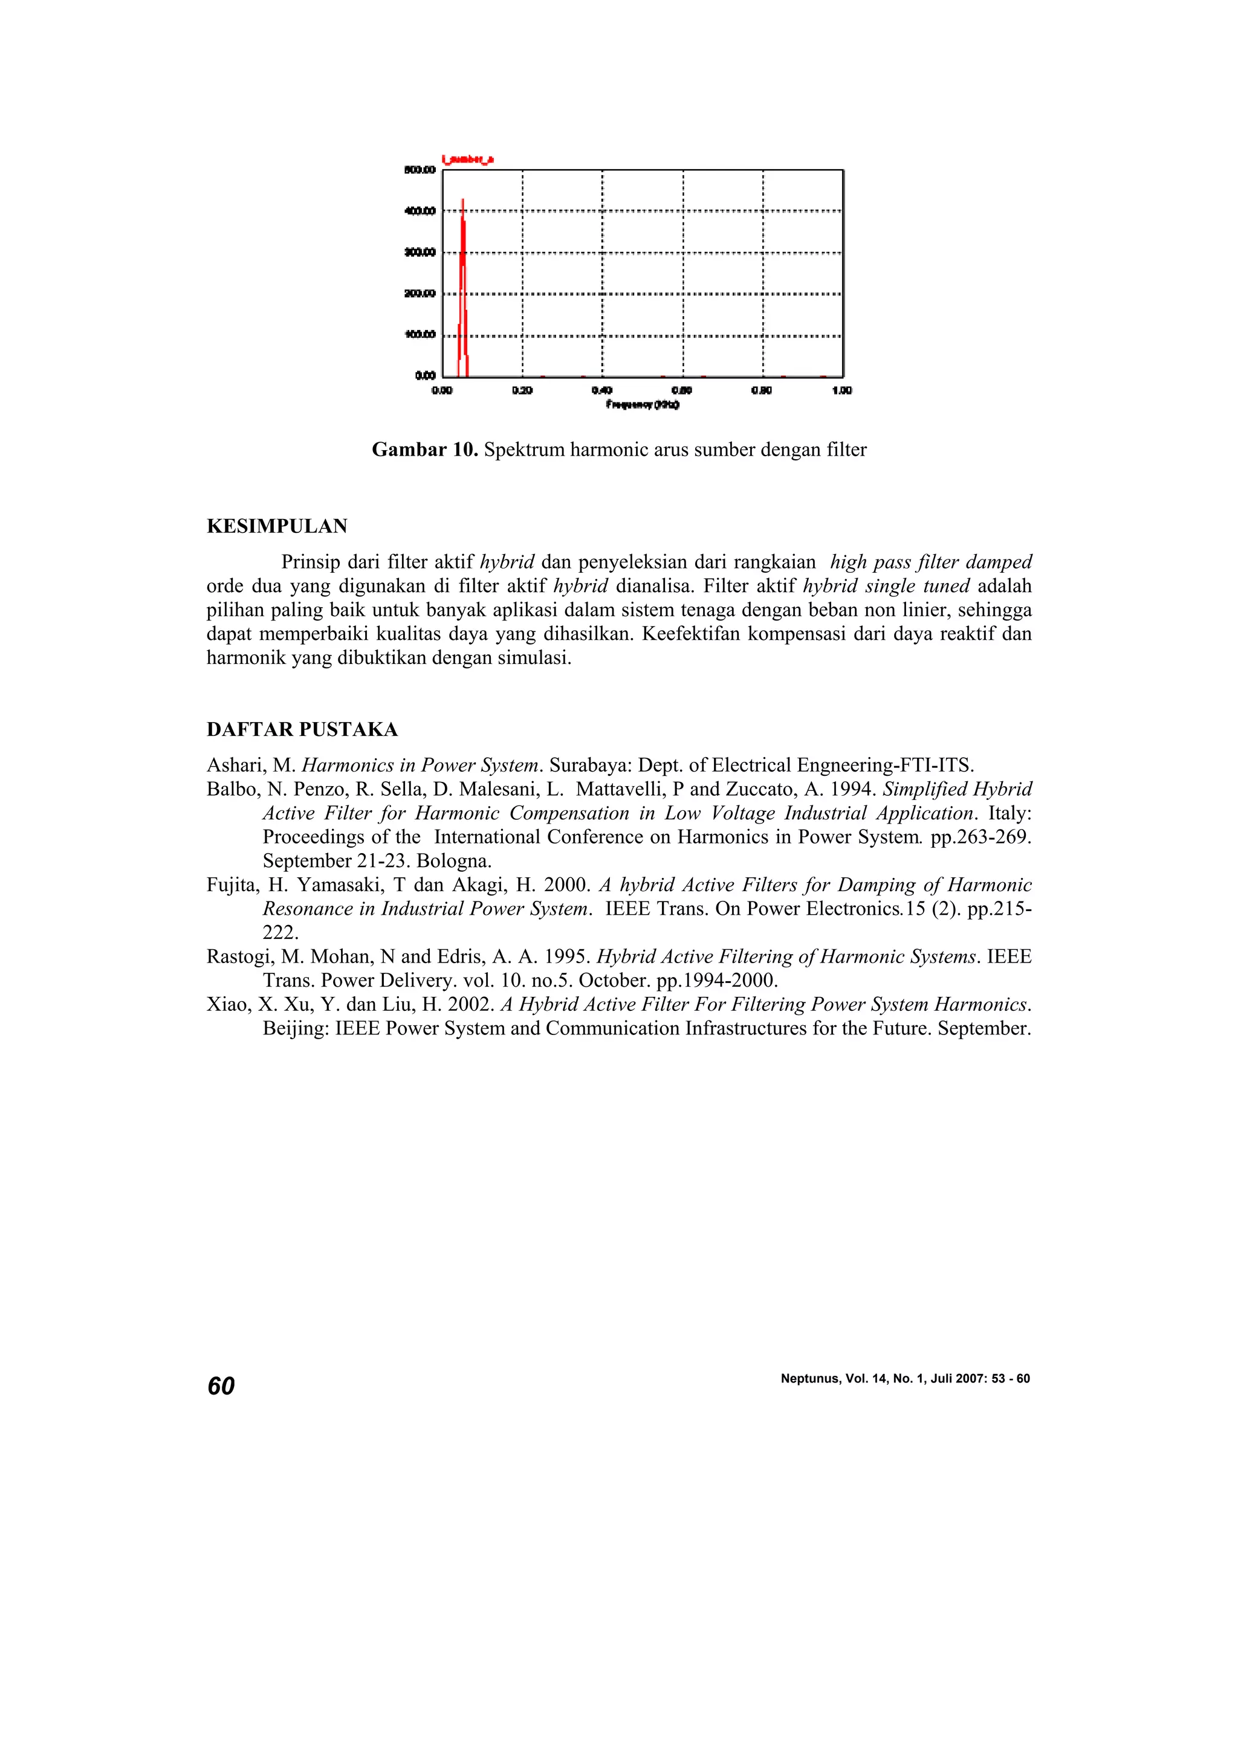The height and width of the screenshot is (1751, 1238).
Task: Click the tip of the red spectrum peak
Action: [x=463, y=201]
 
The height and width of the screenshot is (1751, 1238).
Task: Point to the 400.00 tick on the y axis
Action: [x=420, y=211]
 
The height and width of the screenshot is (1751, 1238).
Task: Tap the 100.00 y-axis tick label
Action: [x=420, y=335]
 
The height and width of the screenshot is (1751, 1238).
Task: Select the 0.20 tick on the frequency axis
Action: [x=522, y=390]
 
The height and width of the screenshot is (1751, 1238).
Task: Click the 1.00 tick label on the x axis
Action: [x=841, y=390]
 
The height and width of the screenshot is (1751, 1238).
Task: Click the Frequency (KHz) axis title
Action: [x=642, y=404]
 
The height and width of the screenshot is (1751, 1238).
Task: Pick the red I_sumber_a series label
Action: [x=468, y=160]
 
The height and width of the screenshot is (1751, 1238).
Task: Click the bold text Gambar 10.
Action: [x=425, y=450]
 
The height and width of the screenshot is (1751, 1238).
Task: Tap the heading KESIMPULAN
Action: [x=277, y=526]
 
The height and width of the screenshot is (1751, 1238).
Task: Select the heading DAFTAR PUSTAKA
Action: [x=302, y=730]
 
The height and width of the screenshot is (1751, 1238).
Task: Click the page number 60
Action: [x=221, y=1385]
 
